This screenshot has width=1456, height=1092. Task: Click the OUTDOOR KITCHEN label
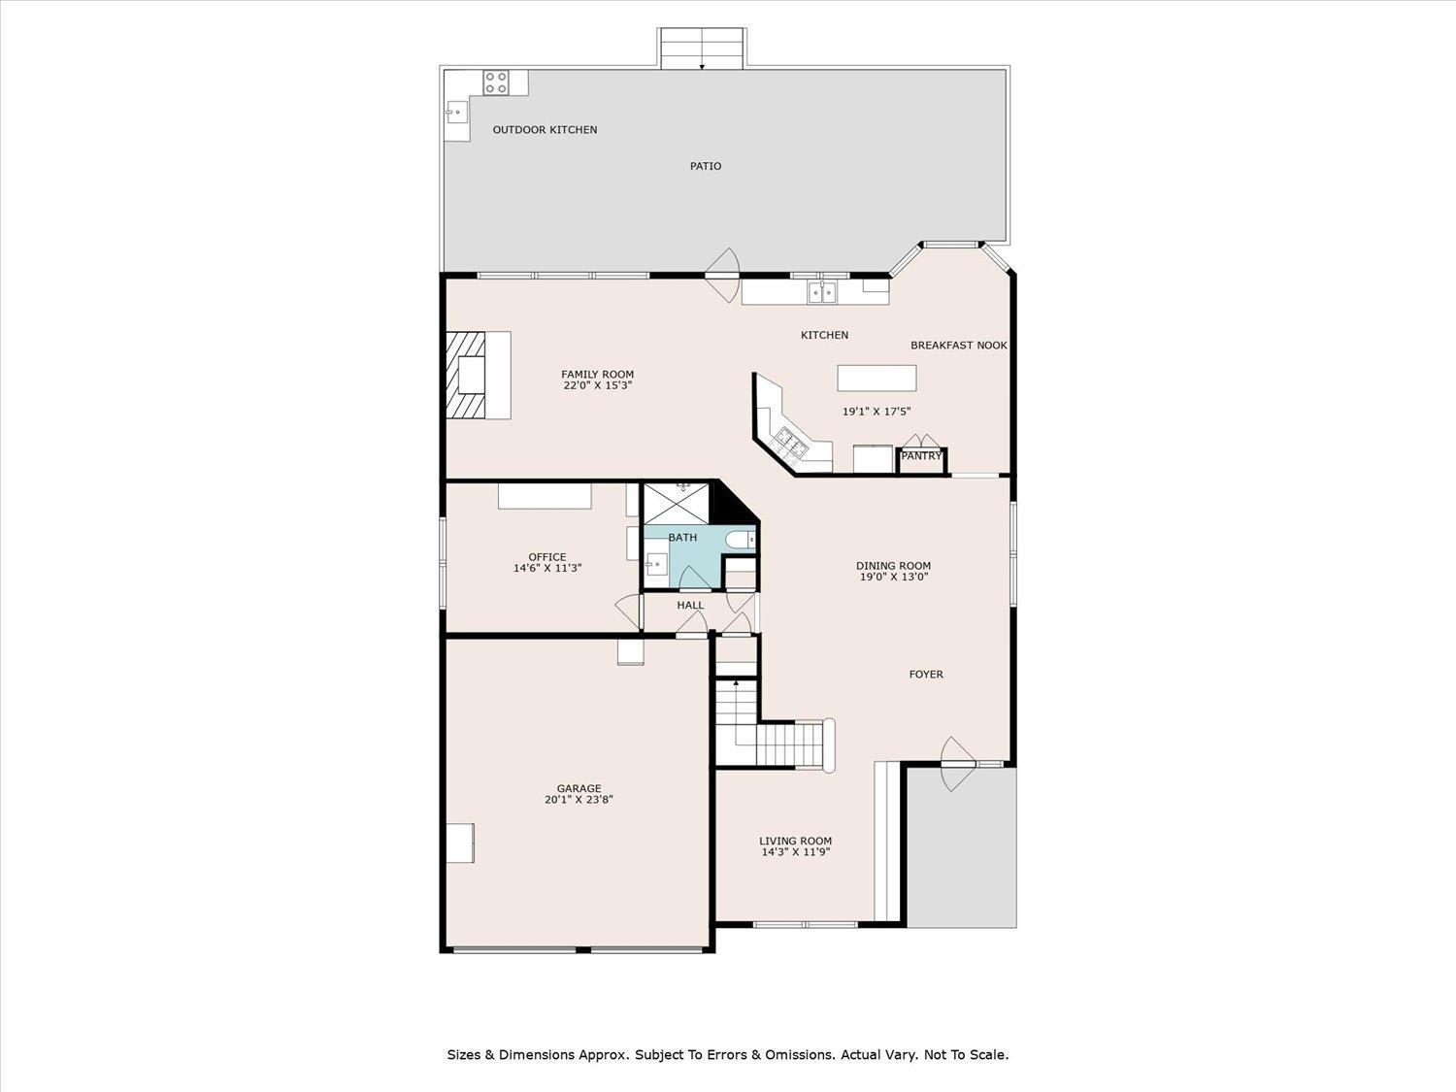pos(545,130)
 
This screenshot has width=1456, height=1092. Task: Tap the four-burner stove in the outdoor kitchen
pos(496,83)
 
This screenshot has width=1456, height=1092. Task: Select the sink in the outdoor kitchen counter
pos(456,112)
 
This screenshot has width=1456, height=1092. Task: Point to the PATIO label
pos(705,166)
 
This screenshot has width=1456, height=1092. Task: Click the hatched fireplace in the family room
pos(466,376)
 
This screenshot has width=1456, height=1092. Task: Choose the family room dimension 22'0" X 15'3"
pos(597,385)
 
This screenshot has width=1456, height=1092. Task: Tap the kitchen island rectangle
pos(877,378)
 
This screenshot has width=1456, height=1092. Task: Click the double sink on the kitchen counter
pos(822,292)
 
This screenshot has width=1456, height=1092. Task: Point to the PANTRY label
pos(921,456)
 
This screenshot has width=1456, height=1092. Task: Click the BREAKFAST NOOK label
pos(958,346)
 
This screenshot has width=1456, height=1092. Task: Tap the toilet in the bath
pos(741,541)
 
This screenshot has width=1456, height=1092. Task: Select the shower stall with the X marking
pos(677,504)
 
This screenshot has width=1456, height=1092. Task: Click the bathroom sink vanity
pos(657,563)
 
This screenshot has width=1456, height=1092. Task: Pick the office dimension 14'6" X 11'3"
pos(547,568)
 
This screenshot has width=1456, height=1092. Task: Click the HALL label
pos(690,606)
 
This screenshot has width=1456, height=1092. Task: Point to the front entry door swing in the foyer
pos(958,764)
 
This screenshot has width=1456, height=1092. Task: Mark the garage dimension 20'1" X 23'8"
pos(579,800)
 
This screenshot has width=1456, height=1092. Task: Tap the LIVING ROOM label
pos(795,841)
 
